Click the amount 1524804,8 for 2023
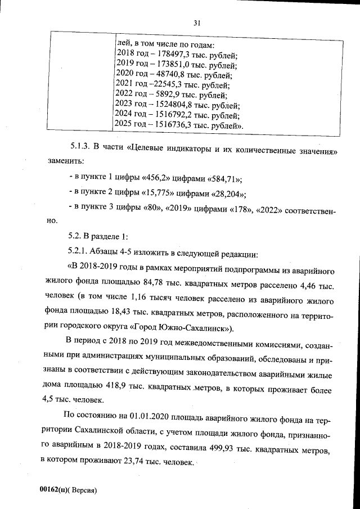[x=169, y=105]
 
